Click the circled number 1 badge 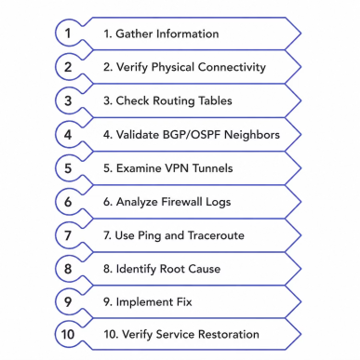coord(68,33)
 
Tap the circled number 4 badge coord(68,135)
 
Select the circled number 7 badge coord(68,235)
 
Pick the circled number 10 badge coord(68,334)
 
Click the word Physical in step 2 coord(173,68)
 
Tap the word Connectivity coord(232,68)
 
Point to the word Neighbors coord(252,135)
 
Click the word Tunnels coord(213,168)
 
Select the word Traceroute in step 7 coord(216,235)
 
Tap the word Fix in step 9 coord(184,302)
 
